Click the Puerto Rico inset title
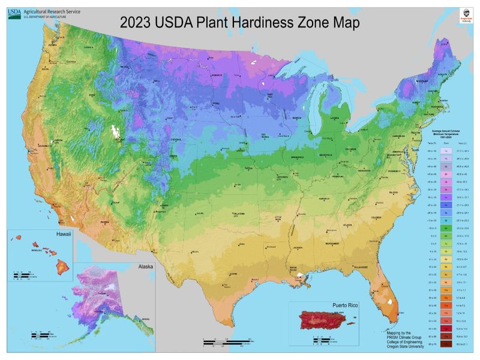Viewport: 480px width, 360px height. pyautogui.click(x=332, y=305)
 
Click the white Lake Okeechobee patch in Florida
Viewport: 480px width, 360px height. pyautogui.click(x=393, y=298)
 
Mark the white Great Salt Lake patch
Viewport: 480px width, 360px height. pyautogui.click(x=113, y=130)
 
